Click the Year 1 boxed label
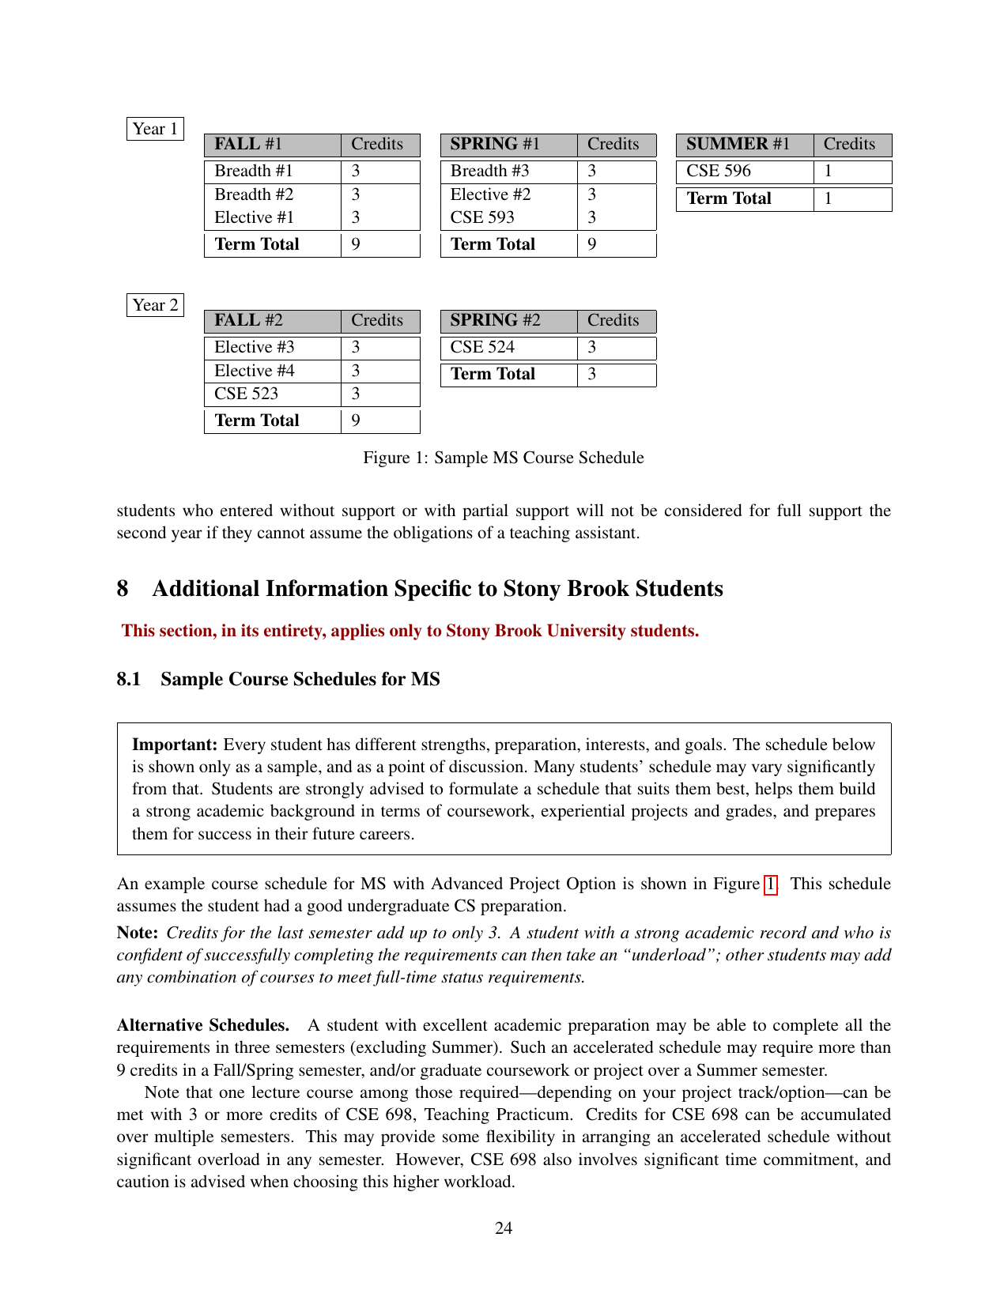click(155, 129)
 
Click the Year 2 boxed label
click(155, 305)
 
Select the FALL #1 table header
click(248, 145)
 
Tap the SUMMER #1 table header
click(738, 145)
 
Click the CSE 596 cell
click(719, 172)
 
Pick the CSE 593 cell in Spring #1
click(482, 217)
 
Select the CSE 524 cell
click(482, 348)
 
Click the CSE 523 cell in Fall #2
click(247, 394)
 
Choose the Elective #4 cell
click(255, 371)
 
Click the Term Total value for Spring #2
click(592, 375)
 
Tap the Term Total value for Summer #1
click(828, 199)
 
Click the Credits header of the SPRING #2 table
click(613, 321)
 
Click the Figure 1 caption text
click(504, 458)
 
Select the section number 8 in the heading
click(123, 589)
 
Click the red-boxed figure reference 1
click(770, 884)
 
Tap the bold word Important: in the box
click(175, 745)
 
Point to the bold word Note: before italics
click(138, 933)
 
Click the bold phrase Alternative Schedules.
click(203, 1025)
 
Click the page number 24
click(504, 1228)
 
